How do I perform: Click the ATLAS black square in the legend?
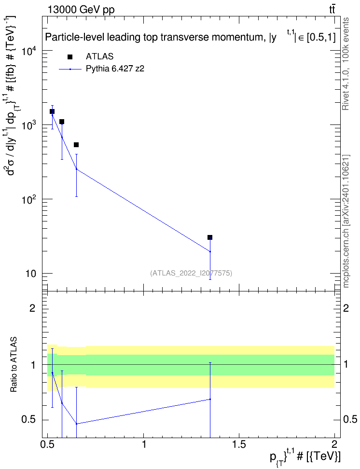pyautogui.click(x=70, y=57)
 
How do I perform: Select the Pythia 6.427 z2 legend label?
pyautogui.click(x=115, y=69)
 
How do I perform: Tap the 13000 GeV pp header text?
pyautogui.click(x=81, y=10)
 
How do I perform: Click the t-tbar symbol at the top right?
pyautogui.click(x=332, y=10)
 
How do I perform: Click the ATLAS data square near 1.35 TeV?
pyautogui.click(x=210, y=237)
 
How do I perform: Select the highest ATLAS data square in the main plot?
pyautogui.click(x=52, y=111)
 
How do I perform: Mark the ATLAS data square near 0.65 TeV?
pyautogui.click(x=76, y=145)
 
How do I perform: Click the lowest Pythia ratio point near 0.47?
pyautogui.click(x=76, y=424)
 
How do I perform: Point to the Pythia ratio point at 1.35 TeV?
pyautogui.click(x=210, y=400)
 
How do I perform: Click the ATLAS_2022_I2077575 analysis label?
pyautogui.click(x=191, y=273)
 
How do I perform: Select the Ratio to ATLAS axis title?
pyautogui.click(x=14, y=364)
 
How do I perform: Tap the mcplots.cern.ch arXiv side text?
pyautogui.click(x=346, y=221)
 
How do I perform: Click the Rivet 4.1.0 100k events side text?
pyautogui.click(x=346, y=64)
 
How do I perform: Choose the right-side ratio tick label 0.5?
pyautogui.click(x=350, y=419)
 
